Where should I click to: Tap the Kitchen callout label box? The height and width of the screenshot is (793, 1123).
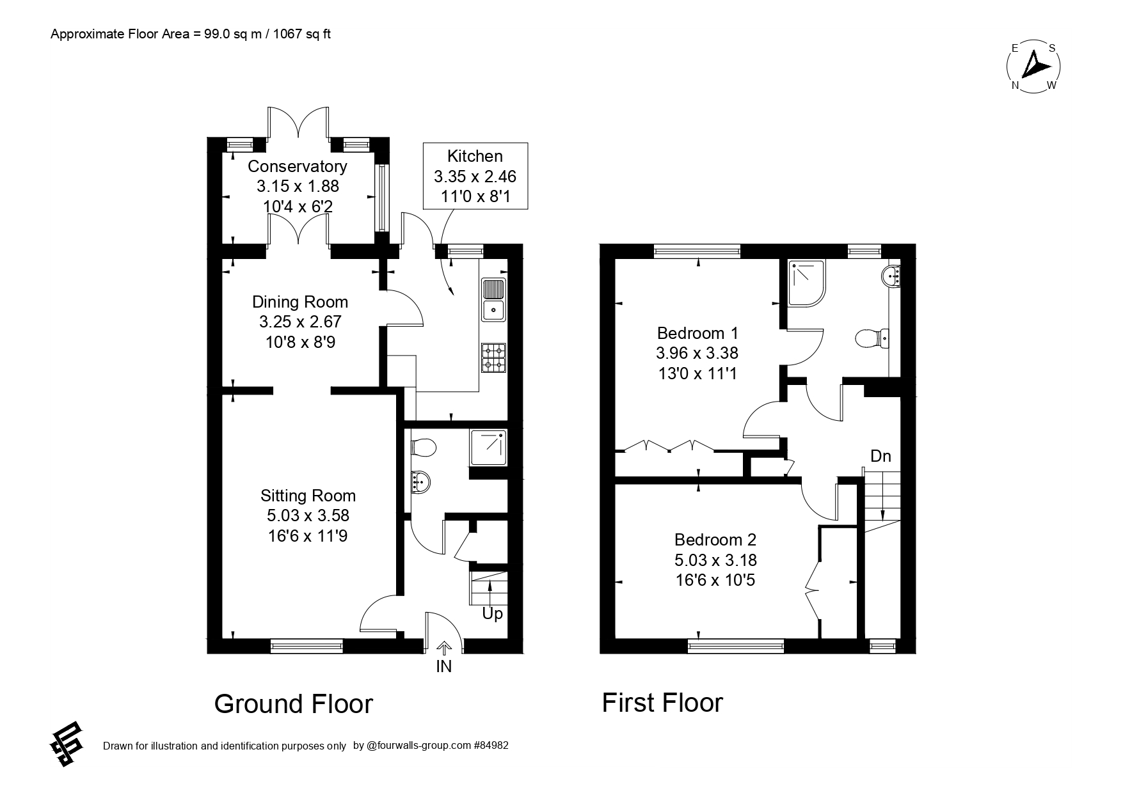point(475,176)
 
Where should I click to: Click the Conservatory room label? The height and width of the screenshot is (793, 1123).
point(298,186)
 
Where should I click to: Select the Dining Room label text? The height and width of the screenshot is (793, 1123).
point(300,322)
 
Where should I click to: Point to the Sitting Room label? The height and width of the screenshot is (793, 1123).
point(308,515)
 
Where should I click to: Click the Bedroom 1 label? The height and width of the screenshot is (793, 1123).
point(697,353)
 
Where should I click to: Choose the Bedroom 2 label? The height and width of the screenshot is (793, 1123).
point(715,560)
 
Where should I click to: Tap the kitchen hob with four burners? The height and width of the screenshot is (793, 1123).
point(493,358)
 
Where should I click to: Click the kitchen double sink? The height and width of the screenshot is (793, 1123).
point(494,299)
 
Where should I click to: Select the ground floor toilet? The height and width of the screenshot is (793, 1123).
point(422,447)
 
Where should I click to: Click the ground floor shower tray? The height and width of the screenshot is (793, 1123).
point(488,447)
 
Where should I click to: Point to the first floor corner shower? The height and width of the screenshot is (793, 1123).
point(807,281)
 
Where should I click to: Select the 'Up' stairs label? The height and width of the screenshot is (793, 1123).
point(493,614)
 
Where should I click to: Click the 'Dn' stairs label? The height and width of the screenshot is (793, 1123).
point(880,456)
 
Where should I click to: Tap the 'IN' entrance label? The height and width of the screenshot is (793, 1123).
point(444,666)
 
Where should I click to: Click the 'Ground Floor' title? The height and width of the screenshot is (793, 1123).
point(294,703)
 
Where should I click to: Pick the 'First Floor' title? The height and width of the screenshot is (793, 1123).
point(662,702)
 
